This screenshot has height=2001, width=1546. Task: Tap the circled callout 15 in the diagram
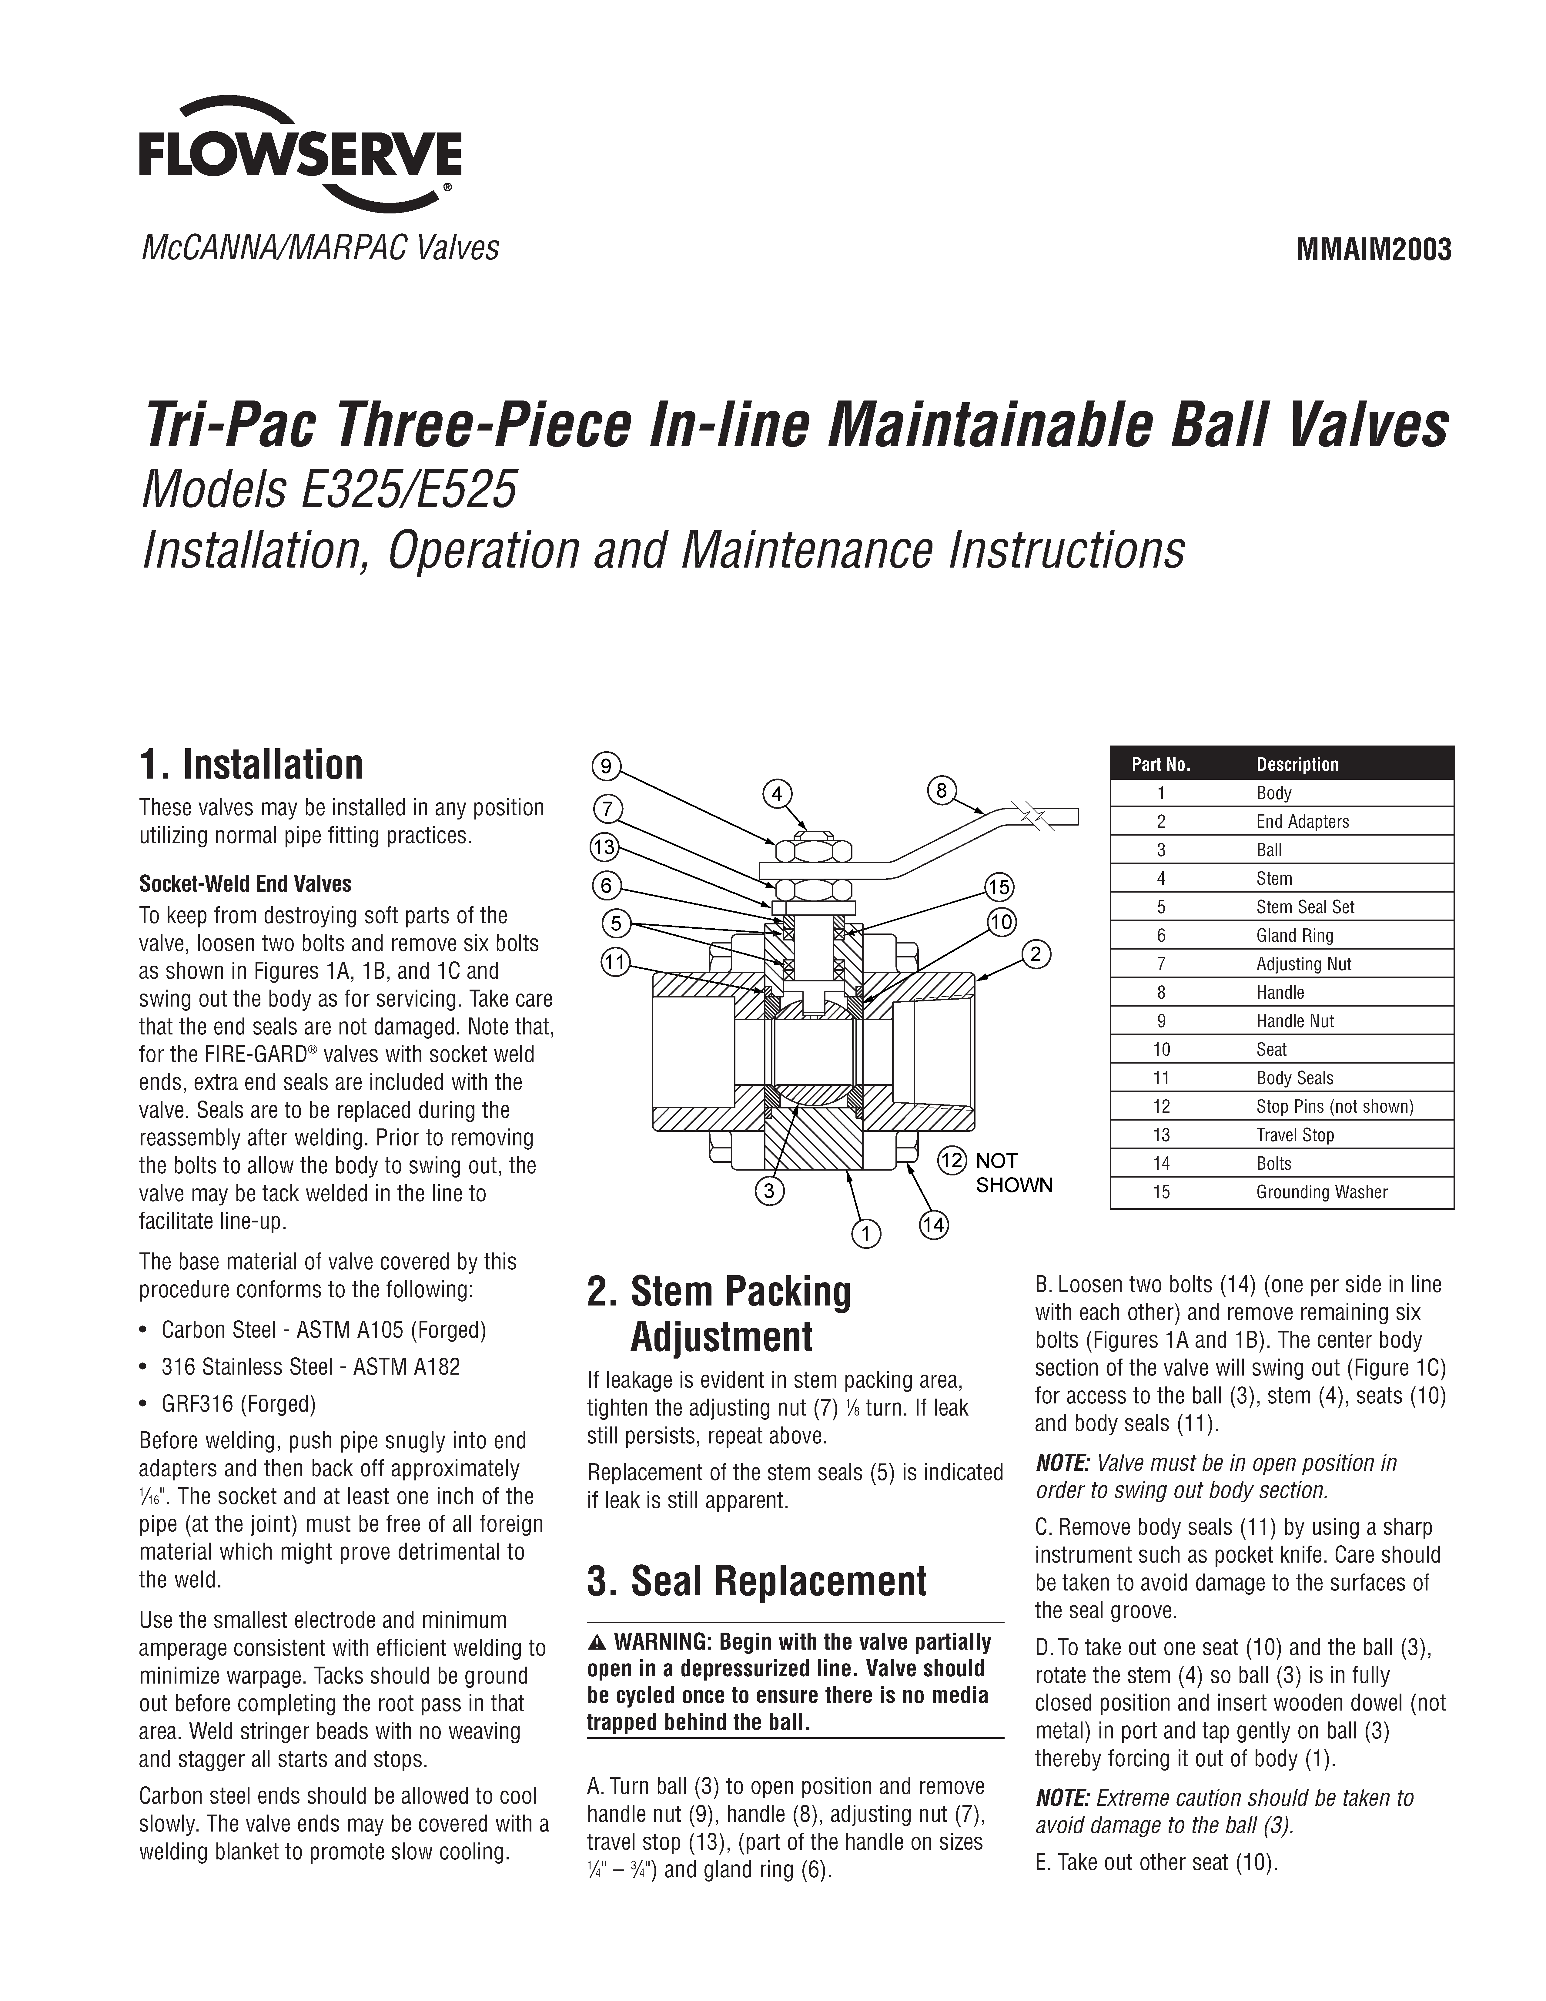998,887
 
